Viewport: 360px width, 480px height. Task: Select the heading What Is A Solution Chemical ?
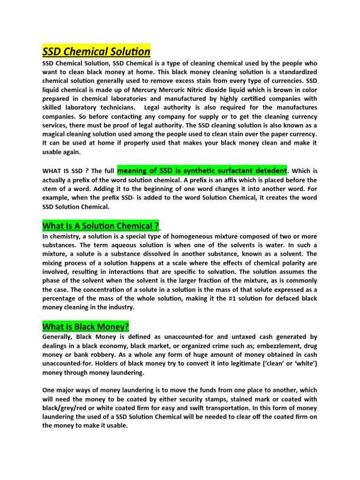[101, 226]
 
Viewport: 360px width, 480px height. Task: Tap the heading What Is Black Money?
[85, 326]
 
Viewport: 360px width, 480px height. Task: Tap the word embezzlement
[266, 345]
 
